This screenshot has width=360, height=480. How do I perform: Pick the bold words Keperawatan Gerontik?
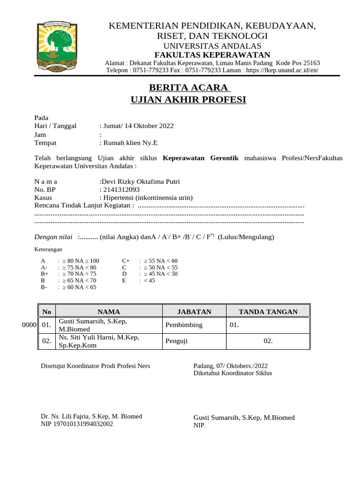[201, 158]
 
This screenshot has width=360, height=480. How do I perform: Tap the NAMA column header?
[109, 312]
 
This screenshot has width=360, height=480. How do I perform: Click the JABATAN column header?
[194, 312]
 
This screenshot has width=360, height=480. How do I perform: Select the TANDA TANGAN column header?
[268, 312]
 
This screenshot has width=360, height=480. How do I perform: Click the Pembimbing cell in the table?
[184, 325]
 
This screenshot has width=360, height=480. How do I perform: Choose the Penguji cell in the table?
[177, 341]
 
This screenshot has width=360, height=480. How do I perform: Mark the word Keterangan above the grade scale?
[48, 249]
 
